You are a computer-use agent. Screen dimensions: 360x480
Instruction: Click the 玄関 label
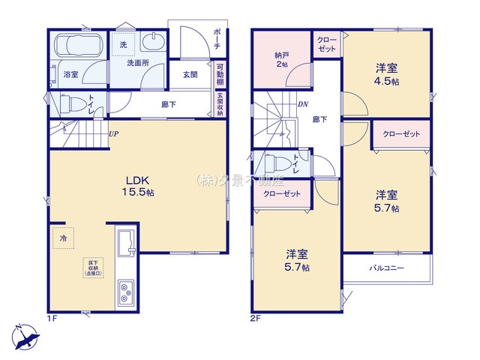tap(190, 74)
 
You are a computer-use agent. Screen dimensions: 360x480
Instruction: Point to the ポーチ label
tap(217, 37)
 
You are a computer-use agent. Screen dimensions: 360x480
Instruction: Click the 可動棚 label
tap(220, 75)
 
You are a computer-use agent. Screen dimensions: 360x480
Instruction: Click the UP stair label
tap(113, 134)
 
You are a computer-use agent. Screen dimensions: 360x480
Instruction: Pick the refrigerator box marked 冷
tap(63, 238)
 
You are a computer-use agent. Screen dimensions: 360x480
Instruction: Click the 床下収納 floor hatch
tap(94, 266)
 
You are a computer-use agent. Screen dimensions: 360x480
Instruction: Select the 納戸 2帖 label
tap(281, 58)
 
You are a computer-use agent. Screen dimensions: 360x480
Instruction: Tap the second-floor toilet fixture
tap(273, 165)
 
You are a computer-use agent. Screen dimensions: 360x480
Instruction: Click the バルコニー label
tap(387, 268)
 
